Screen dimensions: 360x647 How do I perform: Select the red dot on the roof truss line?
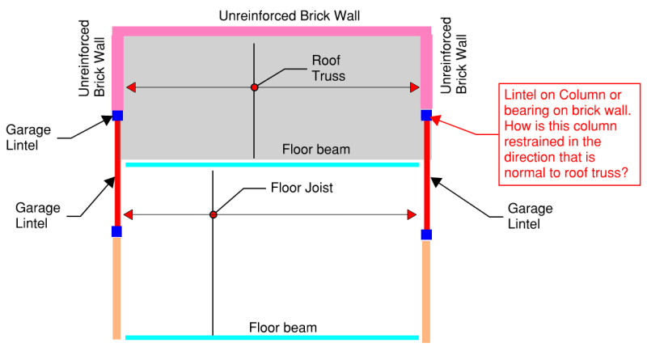coord(254,87)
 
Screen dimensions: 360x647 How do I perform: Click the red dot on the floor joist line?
coord(214,214)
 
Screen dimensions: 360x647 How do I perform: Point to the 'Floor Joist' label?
coord(301,188)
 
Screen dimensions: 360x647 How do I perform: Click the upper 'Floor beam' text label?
coord(316,150)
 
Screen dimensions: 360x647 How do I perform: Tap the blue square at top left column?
coord(117,116)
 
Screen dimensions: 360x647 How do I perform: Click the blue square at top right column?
coord(426,116)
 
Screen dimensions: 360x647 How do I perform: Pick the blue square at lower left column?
coord(116,231)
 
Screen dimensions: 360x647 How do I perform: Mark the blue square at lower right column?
coord(426,235)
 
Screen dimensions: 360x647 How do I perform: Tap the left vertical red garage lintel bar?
coord(117,173)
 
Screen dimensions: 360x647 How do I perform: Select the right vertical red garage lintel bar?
coord(426,175)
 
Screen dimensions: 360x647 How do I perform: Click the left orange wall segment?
coord(116,287)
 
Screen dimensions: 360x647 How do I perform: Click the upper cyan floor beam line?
coord(272,164)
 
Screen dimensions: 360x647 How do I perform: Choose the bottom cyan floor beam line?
coord(272,337)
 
